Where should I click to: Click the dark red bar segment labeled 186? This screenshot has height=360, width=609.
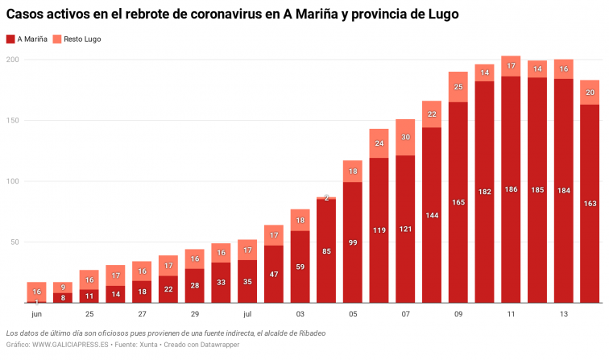coord(510,189)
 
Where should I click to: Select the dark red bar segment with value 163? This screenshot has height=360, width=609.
coord(589,203)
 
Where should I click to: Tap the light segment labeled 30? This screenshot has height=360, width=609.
coord(405,137)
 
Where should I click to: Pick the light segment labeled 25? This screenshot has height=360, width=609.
coord(458,87)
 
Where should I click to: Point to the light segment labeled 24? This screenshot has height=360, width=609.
coord(379,143)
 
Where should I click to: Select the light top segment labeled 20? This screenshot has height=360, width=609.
coord(589,92)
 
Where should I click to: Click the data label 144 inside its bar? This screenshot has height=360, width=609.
coord(431,216)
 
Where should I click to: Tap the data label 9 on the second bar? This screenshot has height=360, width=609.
coord(63,288)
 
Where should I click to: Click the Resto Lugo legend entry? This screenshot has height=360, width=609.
coord(77,39)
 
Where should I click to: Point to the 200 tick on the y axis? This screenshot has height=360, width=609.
coord(12,60)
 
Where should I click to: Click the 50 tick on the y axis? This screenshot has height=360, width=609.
coord(14,242)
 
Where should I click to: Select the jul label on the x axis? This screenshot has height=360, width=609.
coord(247,314)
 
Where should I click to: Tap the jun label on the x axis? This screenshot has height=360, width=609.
coord(36,314)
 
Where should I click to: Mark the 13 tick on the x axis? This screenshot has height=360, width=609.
coord(562,314)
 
